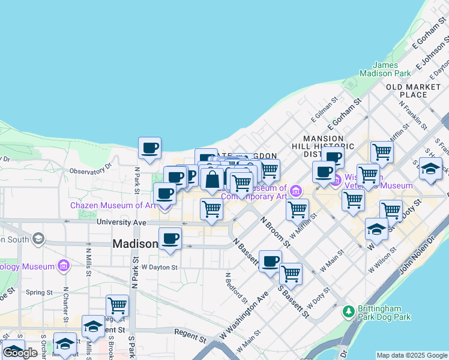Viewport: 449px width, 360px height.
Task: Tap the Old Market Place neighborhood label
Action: click(414, 91)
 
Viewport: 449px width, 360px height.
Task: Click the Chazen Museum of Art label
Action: click(113, 205)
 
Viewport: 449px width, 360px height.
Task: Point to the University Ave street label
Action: click(122, 222)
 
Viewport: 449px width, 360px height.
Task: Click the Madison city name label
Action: click(136, 244)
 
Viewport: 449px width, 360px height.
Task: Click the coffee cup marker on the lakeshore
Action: click(149, 148)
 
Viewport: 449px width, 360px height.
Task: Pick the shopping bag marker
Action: click(212, 179)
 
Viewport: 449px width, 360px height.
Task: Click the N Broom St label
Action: click(276, 231)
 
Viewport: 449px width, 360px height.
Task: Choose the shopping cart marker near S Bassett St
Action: click(291, 274)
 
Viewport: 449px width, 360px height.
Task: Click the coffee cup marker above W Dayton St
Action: click(170, 239)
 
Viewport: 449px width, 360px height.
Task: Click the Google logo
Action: click(20, 353)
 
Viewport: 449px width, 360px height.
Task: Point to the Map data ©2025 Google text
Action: click(412, 355)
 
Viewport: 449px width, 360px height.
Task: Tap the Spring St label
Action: click(40, 293)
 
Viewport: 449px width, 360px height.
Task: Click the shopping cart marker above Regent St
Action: click(117, 306)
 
